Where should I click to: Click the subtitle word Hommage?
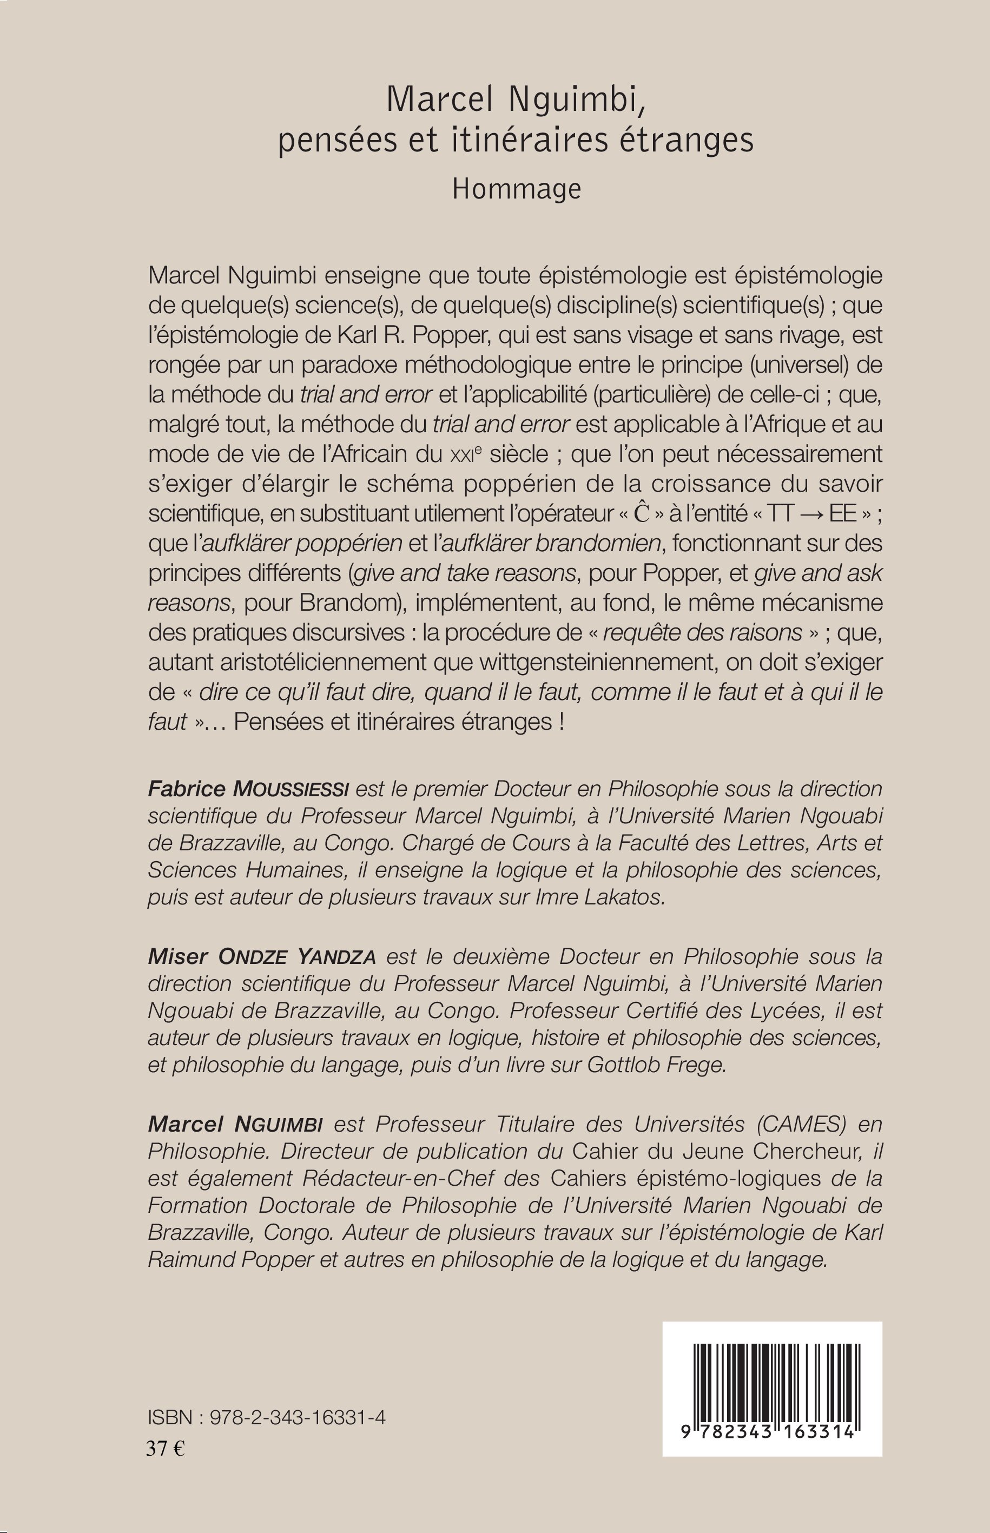pos(516,189)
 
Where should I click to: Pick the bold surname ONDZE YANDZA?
pos(298,956)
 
